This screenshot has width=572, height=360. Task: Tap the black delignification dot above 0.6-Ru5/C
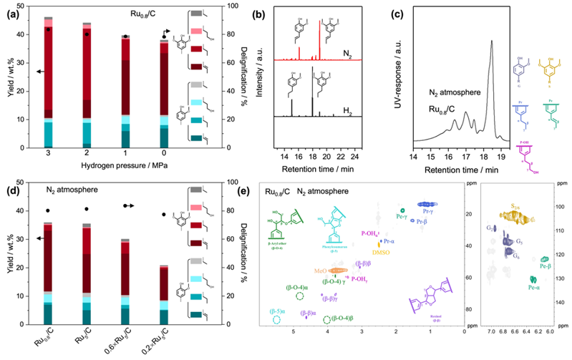coord(125,205)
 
